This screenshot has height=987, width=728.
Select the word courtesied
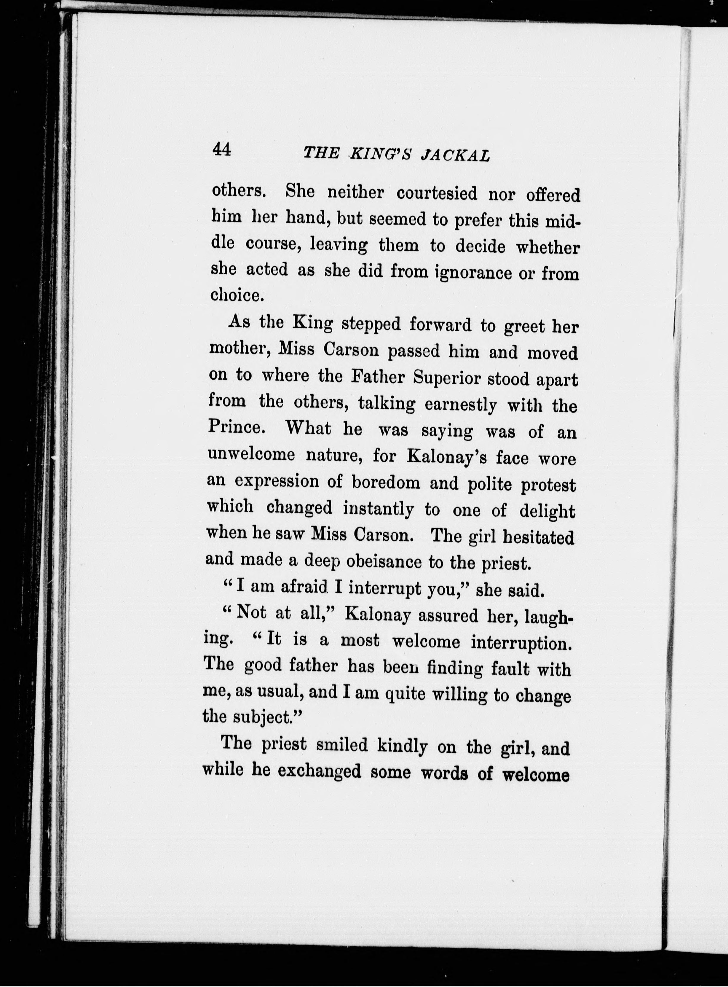tap(437, 194)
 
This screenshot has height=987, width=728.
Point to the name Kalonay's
tap(446, 457)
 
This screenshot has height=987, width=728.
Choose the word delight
tap(547, 511)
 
